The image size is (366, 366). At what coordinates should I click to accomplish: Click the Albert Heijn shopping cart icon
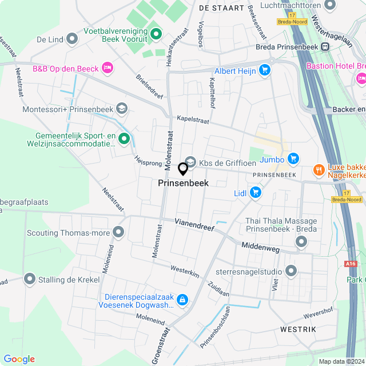[x=264, y=70]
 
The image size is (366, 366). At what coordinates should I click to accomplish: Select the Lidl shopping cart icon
[x=255, y=193]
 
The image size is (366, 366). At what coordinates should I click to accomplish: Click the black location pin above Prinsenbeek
[x=183, y=169]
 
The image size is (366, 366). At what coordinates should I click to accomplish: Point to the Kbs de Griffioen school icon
[x=190, y=162]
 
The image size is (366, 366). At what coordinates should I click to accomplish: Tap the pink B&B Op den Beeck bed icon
[x=107, y=69]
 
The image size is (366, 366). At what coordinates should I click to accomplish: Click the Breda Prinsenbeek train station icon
[x=325, y=47]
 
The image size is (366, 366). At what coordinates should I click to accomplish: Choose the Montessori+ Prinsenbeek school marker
[x=121, y=108]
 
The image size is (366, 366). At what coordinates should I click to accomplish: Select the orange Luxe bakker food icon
[x=318, y=170]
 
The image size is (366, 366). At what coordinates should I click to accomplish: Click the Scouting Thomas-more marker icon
[x=118, y=232]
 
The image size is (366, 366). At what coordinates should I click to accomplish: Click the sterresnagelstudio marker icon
[x=291, y=270]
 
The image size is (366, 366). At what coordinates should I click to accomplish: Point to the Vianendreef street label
[x=194, y=224]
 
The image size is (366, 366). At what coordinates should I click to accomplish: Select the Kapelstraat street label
[x=193, y=120]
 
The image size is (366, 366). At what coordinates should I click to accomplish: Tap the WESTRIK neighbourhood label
[x=298, y=330]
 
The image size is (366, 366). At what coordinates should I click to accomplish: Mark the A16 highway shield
[x=351, y=263]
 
